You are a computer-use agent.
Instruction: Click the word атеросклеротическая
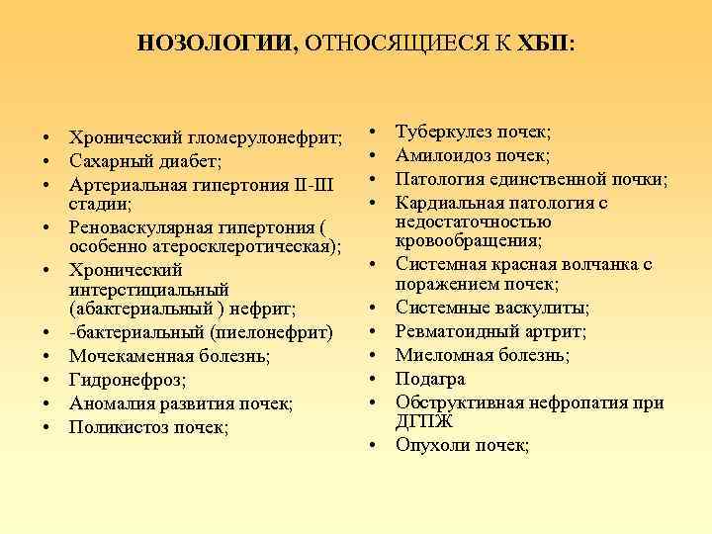pyautogui.click(x=248, y=245)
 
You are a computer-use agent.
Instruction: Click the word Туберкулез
pyautogui.click(x=443, y=132)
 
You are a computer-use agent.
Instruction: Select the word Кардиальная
pyautogui.click(x=448, y=203)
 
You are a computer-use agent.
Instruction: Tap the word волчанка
pyautogui.click(x=600, y=264)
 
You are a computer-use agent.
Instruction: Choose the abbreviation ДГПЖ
pyautogui.click(x=424, y=422)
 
